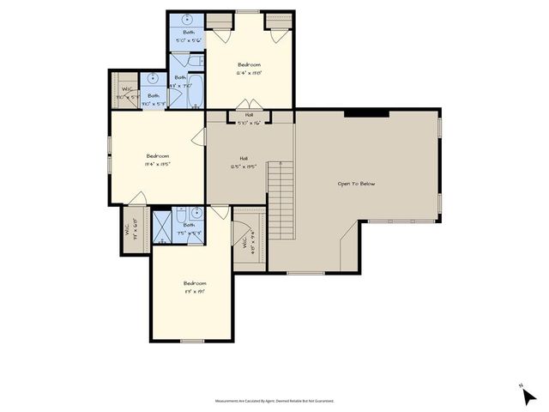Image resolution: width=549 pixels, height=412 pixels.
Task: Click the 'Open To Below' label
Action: click(356, 184)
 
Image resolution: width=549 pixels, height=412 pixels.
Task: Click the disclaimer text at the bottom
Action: click(274, 401)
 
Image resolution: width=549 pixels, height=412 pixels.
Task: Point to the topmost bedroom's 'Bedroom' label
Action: click(249, 65)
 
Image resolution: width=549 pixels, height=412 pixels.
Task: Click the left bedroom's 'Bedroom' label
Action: click(157, 156)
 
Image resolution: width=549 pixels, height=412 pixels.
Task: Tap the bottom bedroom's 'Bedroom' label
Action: click(195, 283)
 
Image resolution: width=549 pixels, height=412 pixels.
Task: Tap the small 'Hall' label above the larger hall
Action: click(249, 114)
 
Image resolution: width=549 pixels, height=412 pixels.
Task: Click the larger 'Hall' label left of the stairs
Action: click(244, 159)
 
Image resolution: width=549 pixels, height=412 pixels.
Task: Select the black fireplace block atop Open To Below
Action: click(366, 113)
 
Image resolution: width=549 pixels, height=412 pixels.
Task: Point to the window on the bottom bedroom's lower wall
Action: click(192, 341)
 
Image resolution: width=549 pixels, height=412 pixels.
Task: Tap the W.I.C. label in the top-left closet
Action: click(126, 89)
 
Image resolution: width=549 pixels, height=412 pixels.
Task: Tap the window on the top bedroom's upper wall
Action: click(249, 12)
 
